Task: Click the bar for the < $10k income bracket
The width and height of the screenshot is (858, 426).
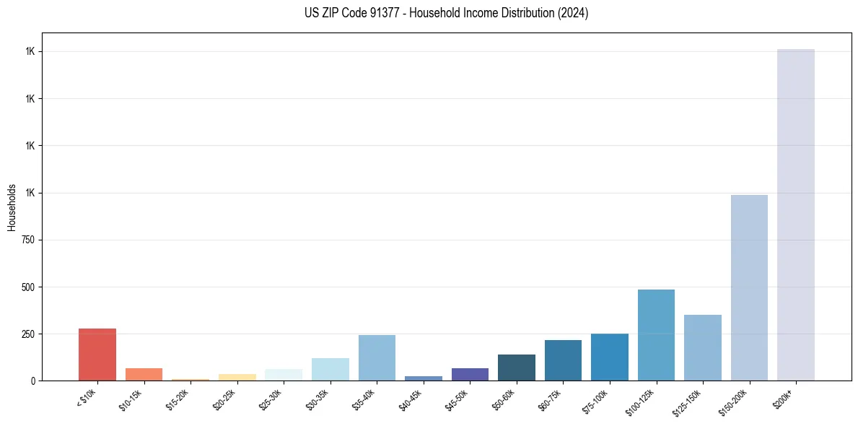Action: (97, 355)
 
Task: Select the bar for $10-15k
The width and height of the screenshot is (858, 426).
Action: (144, 374)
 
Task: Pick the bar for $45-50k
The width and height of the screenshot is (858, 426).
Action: (470, 374)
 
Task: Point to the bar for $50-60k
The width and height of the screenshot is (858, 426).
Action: (517, 368)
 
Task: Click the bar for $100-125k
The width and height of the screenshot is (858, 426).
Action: (656, 335)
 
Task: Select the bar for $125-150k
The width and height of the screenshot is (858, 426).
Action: (703, 347)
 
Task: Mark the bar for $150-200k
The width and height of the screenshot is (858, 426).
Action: (749, 287)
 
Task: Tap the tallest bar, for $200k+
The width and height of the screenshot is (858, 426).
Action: (796, 214)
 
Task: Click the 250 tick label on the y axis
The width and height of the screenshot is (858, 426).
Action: (27, 334)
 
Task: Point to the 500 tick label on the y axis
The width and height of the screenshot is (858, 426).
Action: (27, 287)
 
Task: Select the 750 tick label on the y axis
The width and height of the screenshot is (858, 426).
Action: (27, 240)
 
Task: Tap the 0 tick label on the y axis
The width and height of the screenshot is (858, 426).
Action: (32, 381)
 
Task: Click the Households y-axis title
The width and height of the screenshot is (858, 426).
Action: (12, 207)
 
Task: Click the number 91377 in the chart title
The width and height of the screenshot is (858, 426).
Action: (383, 13)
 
